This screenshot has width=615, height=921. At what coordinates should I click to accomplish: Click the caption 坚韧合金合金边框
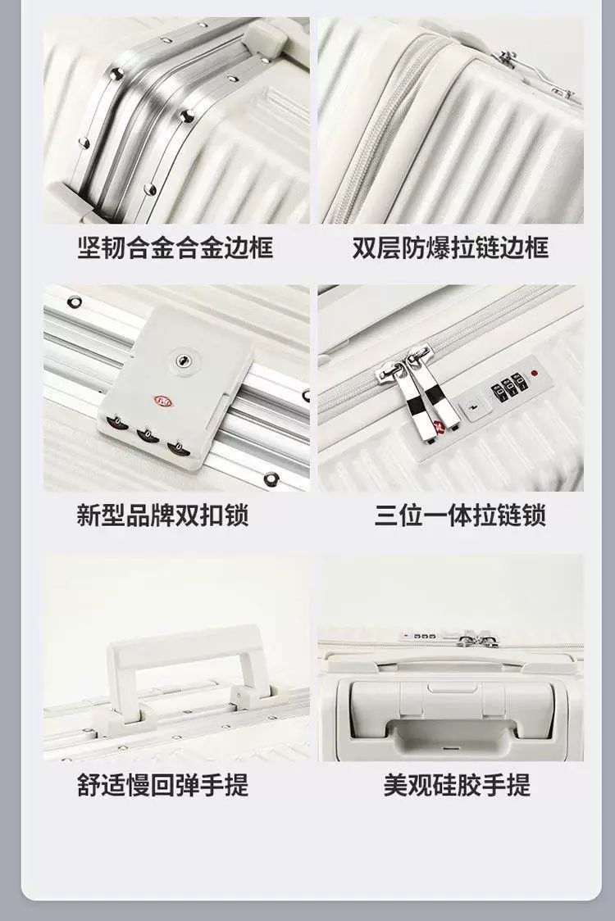175,247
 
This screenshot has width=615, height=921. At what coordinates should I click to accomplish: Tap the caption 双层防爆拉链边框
450,247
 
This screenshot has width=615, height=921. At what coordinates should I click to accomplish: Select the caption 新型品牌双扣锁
163,515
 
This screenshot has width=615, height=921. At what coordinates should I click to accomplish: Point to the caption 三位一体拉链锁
460,515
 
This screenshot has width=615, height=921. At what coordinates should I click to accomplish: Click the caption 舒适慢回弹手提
163,785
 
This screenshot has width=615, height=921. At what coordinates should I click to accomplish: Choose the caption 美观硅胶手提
457,785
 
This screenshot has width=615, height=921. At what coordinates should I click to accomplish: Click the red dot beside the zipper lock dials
535,373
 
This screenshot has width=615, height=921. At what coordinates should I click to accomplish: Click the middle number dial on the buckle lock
148,436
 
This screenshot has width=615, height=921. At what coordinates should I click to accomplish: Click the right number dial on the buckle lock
179,449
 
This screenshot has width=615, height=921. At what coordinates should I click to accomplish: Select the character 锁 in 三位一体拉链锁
535,515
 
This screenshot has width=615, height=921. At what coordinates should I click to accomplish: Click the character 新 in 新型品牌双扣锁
89,515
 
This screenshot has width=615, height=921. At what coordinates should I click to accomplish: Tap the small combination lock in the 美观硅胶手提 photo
418,636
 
